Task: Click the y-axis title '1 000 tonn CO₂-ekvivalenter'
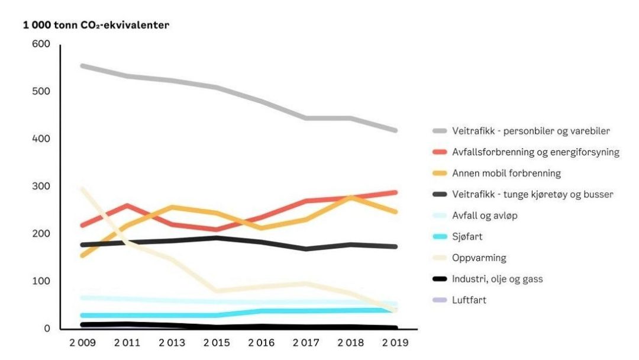(x=96, y=25)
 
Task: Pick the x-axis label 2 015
(x=217, y=343)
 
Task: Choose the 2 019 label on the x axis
(x=396, y=343)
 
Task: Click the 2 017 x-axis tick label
(x=307, y=343)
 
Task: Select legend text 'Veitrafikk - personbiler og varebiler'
(x=530, y=131)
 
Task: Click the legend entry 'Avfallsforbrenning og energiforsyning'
(x=535, y=152)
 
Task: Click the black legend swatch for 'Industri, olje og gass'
(x=440, y=279)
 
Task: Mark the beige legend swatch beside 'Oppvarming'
(x=440, y=258)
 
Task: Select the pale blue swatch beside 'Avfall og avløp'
(x=440, y=216)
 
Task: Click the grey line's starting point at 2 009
(x=82, y=66)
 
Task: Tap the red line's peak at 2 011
(x=128, y=205)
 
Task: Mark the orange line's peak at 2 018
(x=351, y=197)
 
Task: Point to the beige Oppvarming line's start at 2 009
(x=82, y=189)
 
